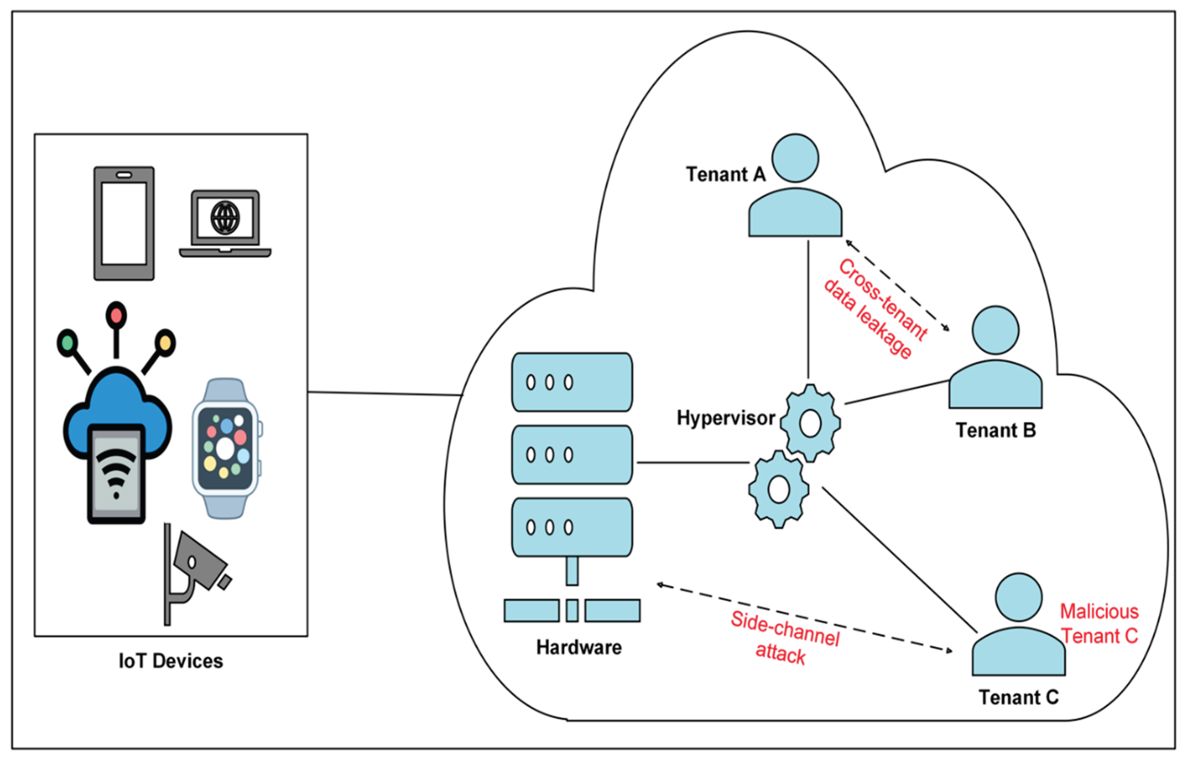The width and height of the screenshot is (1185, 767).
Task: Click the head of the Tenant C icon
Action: pyautogui.click(x=1019, y=597)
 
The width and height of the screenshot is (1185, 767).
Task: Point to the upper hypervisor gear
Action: pyautogui.click(x=810, y=423)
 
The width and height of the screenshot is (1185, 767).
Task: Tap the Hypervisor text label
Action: pyautogui.click(x=725, y=418)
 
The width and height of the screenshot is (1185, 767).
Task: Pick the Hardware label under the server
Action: pyautogui.click(x=579, y=647)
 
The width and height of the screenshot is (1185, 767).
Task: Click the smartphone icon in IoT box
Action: pyautogui.click(x=124, y=224)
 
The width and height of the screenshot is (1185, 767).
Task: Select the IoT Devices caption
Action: pyautogui.click(x=171, y=661)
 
